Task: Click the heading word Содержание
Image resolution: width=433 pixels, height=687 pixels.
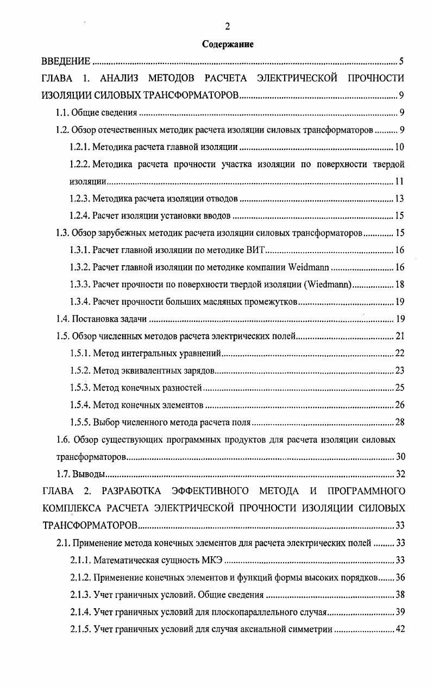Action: click(228, 44)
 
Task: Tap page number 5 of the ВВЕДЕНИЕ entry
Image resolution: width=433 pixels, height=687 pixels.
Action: click(400, 61)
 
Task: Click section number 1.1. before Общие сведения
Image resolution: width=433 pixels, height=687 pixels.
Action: click(63, 113)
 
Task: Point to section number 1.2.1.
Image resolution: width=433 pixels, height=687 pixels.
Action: click(80, 147)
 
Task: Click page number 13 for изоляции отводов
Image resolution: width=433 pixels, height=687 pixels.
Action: click(399, 199)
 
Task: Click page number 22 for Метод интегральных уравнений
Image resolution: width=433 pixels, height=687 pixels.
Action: click(399, 354)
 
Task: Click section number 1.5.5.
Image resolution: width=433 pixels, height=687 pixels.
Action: click(80, 422)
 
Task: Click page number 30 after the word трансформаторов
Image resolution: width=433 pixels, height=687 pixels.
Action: click(400, 456)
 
